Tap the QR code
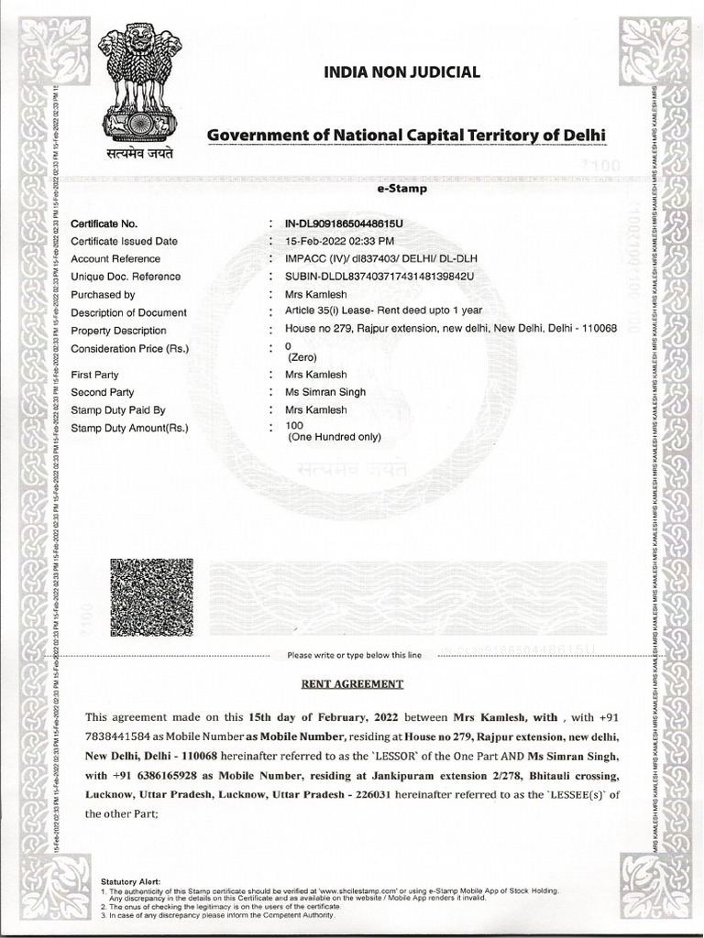click(x=151, y=597)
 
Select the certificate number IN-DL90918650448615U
click(x=345, y=224)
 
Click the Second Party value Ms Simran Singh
click(x=325, y=392)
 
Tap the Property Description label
click(x=118, y=331)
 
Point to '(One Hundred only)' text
click(x=334, y=438)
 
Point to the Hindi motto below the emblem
click(x=139, y=152)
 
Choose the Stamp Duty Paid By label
click(x=117, y=410)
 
